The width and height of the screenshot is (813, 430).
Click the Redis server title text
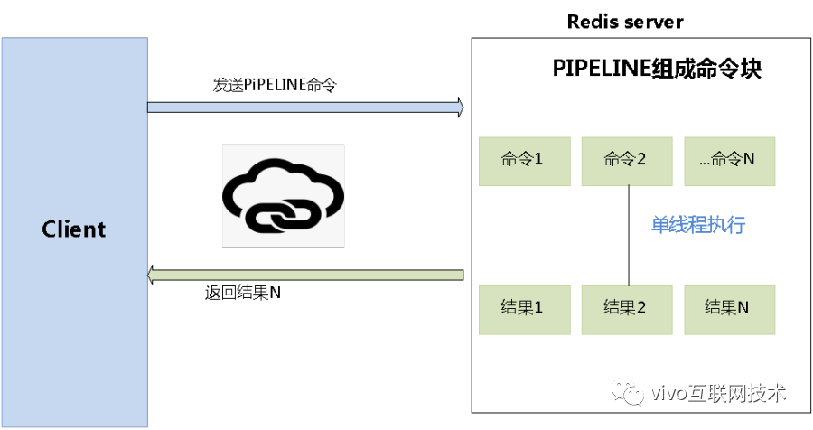[x=625, y=21]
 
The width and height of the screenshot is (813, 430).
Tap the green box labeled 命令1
[x=524, y=161]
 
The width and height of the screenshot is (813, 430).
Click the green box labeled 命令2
[x=626, y=161]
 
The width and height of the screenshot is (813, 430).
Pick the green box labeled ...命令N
[x=729, y=161]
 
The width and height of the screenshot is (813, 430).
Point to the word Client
[x=74, y=229]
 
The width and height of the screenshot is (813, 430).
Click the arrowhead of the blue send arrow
[x=460, y=107]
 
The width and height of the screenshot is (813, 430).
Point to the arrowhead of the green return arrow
[x=154, y=274]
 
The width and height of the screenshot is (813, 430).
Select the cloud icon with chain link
[x=284, y=195]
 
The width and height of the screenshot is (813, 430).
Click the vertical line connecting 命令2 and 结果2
[x=628, y=235]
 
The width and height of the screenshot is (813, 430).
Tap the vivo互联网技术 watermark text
[x=718, y=394]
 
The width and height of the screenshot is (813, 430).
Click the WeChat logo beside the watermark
[x=628, y=392]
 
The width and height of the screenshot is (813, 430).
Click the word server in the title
[x=653, y=21]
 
